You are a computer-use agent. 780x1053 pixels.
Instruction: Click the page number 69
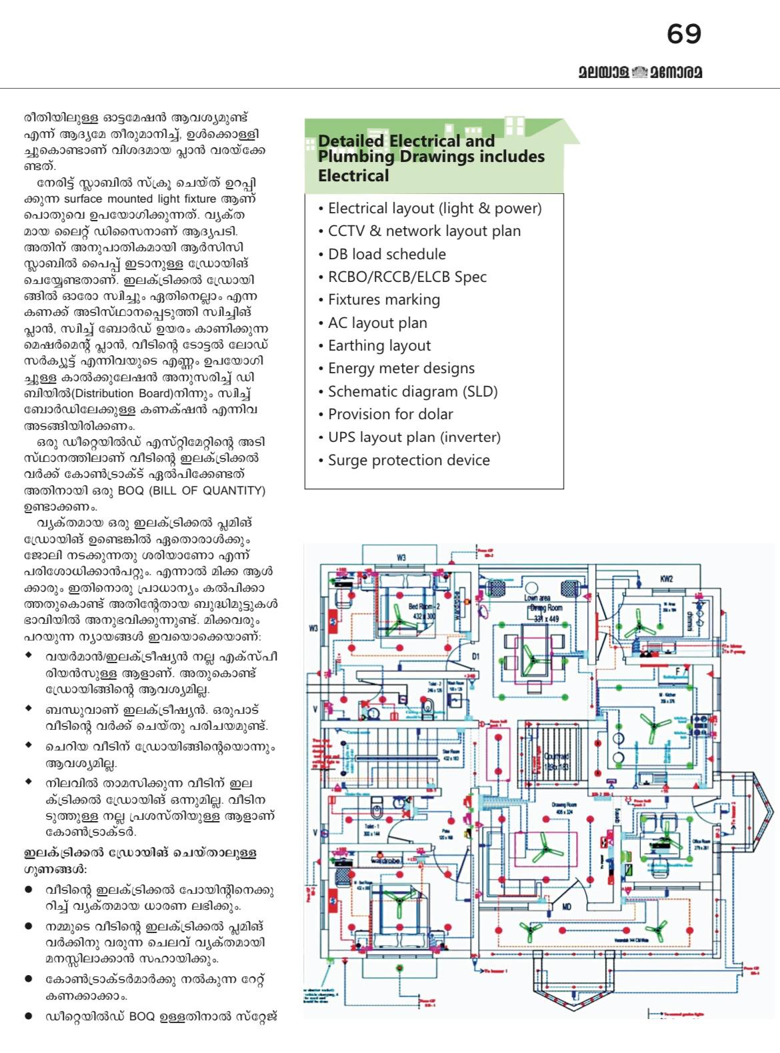click(x=683, y=33)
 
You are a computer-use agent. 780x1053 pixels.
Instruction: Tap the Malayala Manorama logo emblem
click(x=639, y=71)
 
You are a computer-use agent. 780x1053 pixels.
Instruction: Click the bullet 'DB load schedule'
click(x=387, y=254)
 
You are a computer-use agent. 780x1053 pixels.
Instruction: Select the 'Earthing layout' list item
click(x=379, y=345)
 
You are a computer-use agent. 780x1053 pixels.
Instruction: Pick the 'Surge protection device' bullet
click(x=409, y=460)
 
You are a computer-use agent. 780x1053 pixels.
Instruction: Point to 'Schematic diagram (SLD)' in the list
click(x=413, y=391)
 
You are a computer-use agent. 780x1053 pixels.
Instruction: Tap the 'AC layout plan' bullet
click(x=377, y=323)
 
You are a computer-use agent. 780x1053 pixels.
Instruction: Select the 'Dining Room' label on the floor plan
click(x=546, y=608)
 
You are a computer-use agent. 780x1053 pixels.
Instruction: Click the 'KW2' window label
click(x=667, y=578)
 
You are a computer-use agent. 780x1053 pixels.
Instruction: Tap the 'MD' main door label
click(x=567, y=906)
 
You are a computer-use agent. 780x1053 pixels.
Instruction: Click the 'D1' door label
click(x=475, y=656)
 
